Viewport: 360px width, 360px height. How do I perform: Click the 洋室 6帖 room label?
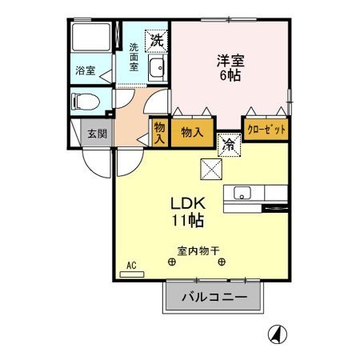click(230, 68)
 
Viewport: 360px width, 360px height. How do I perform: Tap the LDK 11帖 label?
click(188, 212)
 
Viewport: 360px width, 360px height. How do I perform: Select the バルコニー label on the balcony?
click(214, 297)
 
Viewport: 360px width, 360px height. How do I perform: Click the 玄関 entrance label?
click(98, 134)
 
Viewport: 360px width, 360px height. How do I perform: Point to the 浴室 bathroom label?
click(86, 70)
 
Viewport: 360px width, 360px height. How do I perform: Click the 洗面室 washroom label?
click(134, 57)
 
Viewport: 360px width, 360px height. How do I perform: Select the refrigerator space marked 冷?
click(230, 145)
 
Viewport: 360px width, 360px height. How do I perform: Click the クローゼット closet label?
click(266, 130)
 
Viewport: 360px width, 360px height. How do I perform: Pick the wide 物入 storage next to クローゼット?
click(192, 132)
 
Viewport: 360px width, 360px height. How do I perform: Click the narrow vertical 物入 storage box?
click(160, 132)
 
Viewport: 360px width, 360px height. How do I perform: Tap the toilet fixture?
click(86, 102)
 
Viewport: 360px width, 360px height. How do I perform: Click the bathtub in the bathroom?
click(91, 37)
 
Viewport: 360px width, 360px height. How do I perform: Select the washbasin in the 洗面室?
click(157, 67)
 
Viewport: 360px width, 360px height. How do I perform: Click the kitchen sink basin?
click(242, 193)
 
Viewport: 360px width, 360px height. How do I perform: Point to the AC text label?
click(131, 266)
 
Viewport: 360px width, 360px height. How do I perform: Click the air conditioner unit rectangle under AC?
click(132, 274)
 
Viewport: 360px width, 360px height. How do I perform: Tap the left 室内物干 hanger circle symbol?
click(172, 262)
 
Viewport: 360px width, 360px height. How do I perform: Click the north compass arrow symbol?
click(278, 334)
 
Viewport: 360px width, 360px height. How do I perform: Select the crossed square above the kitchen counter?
click(211, 169)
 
